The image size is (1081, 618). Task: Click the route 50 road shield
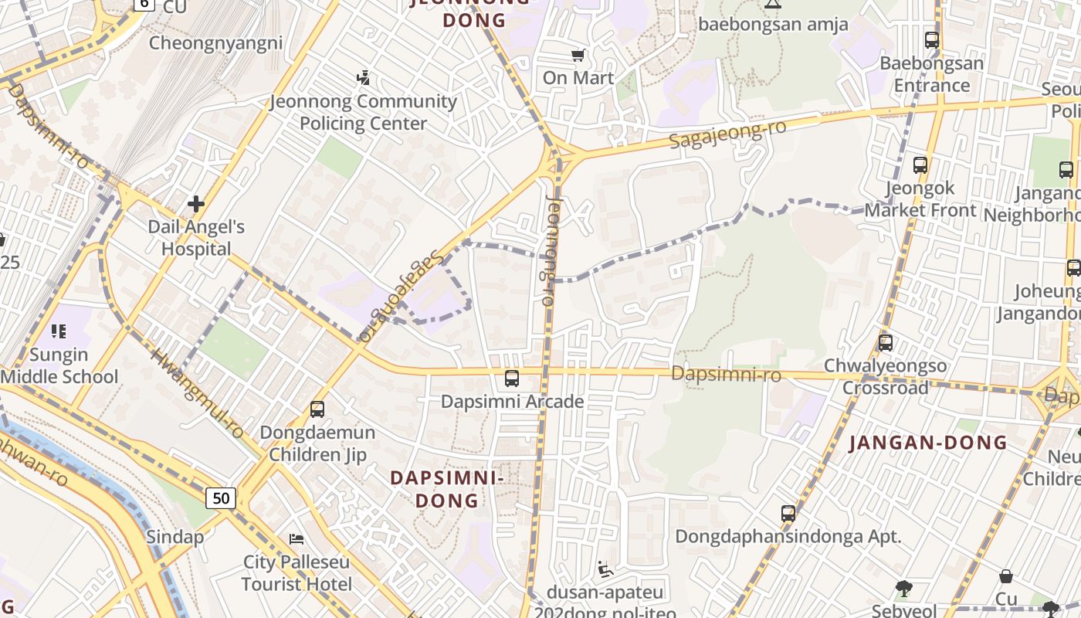pos(221,498)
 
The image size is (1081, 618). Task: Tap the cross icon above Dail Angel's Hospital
pos(196,204)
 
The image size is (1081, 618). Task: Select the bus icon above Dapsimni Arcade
pos(512,379)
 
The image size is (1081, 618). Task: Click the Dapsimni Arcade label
pos(512,402)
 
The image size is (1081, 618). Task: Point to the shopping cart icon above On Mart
pos(578,55)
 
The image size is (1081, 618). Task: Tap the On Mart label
pos(578,78)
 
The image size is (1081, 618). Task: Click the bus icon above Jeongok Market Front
pos(920,165)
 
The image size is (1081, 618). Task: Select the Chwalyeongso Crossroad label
pos(885,376)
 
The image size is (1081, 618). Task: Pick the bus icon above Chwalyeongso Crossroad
pos(886,342)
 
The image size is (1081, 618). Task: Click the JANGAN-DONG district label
pos(928,443)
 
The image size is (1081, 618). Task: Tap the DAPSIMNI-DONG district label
pos(447,489)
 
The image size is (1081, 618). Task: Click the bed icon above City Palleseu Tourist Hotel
pos(297,538)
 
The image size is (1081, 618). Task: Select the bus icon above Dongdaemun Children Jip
pos(317,409)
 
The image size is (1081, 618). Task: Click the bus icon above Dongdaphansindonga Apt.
pos(788,514)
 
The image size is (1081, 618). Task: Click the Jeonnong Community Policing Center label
pos(363,112)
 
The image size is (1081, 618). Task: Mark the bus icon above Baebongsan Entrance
pos(932,40)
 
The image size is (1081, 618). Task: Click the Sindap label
pos(175,537)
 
